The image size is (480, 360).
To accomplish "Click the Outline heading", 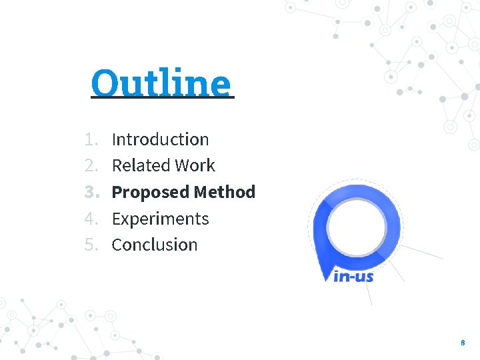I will (x=161, y=83).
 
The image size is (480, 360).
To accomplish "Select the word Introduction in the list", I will (x=160, y=139).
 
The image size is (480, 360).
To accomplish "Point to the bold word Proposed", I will (x=151, y=192).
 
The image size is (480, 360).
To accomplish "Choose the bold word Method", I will (x=225, y=192).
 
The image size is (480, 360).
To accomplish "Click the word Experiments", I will (x=160, y=219).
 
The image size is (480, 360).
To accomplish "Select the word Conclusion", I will (x=155, y=245).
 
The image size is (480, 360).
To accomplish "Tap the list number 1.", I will (x=91, y=139).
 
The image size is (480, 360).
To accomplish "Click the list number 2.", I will (x=91, y=165).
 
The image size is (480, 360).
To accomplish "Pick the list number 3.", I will (x=91, y=192).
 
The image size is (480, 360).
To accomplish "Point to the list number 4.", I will (x=91, y=219).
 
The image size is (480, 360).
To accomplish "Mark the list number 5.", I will (x=91, y=245).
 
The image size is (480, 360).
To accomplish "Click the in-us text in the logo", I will (x=353, y=275).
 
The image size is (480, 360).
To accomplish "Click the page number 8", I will (x=463, y=343).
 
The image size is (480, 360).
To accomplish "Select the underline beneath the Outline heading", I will (x=163, y=98).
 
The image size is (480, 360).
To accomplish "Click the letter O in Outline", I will (x=105, y=83).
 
